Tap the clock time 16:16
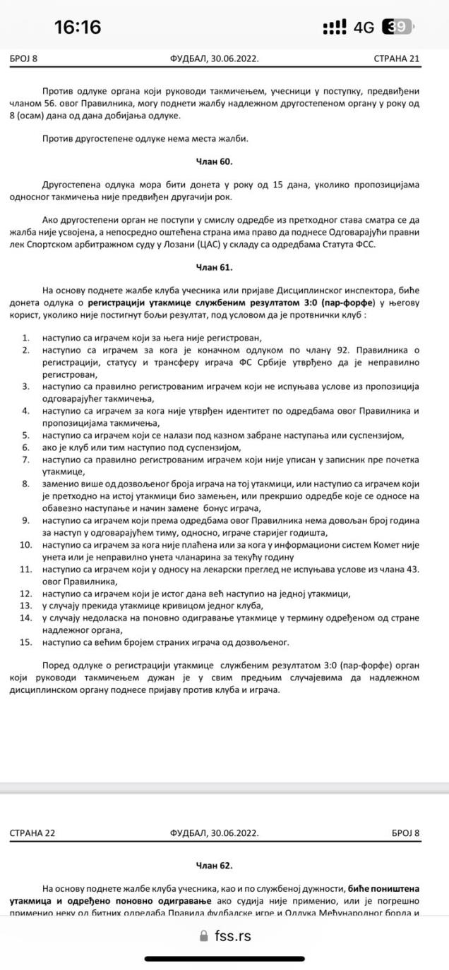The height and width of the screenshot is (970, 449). pyautogui.click(x=78, y=27)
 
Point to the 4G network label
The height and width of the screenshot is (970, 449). pyautogui.click(x=364, y=27)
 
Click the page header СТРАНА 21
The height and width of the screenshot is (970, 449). pyautogui.click(x=397, y=59)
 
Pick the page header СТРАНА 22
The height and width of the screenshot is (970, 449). pyautogui.click(x=32, y=833)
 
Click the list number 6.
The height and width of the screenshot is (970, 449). pyautogui.click(x=26, y=448)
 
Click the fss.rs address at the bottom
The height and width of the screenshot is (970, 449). pyautogui.click(x=232, y=936)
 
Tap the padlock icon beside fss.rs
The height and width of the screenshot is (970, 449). pyautogui.click(x=204, y=936)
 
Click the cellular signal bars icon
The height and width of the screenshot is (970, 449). pyautogui.click(x=334, y=27)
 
